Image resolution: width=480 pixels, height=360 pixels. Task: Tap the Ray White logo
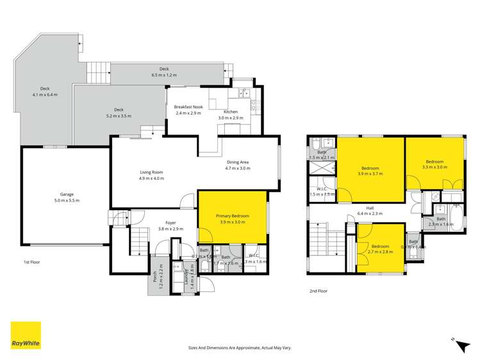tap(26, 336)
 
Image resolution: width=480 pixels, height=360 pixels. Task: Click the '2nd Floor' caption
tap(319, 290)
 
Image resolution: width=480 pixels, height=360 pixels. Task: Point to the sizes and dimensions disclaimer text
tap(240, 347)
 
